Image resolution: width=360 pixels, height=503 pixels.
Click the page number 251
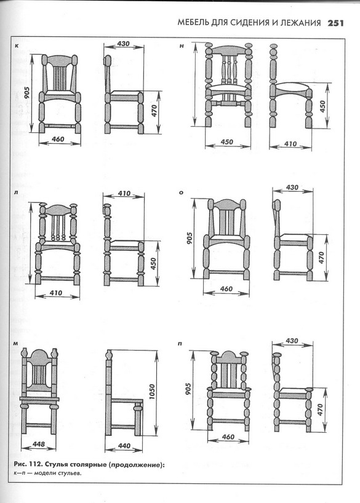coord(335,23)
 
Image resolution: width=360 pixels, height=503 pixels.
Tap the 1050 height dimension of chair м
coord(152,392)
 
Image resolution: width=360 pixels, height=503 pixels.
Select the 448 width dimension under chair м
coord(39,445)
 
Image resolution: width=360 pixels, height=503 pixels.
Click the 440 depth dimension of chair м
coord(124,446)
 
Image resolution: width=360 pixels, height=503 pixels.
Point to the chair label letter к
coord(17,46)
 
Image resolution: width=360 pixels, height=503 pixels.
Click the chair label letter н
coord(182,46)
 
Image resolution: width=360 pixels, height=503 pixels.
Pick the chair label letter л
coord(16,193)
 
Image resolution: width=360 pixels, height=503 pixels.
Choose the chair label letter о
coord(182,193)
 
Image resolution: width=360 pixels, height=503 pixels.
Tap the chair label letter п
coord(180,344)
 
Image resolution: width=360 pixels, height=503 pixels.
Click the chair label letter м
coord(15,344)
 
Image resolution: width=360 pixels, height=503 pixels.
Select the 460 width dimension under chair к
coord(58,139)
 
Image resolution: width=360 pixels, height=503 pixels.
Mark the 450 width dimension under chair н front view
coord(226,141)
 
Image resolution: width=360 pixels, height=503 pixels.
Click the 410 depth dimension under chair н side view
coord(290,144)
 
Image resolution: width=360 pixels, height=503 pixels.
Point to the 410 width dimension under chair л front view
coord(56,293)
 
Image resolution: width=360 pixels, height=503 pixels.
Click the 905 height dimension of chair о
coord(190,239)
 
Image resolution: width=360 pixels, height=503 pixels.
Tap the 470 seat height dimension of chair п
coord(320,410)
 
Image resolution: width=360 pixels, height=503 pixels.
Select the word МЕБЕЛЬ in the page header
coord(193,23)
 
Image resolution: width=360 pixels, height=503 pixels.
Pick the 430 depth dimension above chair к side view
coord(123,44)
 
